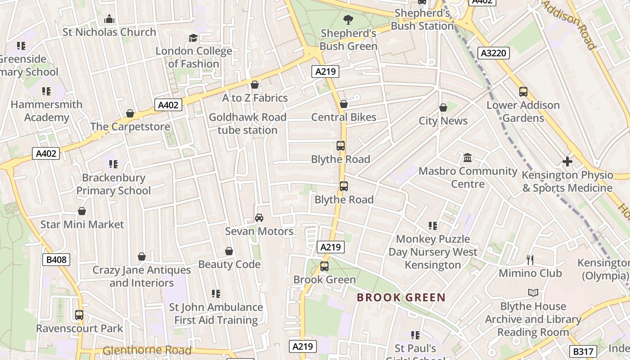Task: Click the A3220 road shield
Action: pos(493,53)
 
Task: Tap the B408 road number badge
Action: pos(56,260)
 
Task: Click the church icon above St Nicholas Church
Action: pos(109,19)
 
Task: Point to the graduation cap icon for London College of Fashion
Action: pos(193,38)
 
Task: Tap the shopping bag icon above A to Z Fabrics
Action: pos(255,85)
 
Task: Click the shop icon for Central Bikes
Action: pos(344,104)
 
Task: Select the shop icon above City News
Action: pos(443,108)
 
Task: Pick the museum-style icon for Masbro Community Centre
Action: pos(468,158)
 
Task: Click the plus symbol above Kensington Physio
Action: pos(567,161)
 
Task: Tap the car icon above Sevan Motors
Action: pos(259,218)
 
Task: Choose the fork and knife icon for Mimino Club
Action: pos(530,260)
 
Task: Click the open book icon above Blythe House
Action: pos(533,293)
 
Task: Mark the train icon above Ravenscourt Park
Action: pos(79,315)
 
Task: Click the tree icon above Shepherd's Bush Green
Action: pos(348,19)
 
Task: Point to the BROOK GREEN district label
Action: pos(401,297)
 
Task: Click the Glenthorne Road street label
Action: pos(147,350)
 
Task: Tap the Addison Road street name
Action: pos(569,25)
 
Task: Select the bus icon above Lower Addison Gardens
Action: pos(523,92)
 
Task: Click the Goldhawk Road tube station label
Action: pos(247,124)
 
